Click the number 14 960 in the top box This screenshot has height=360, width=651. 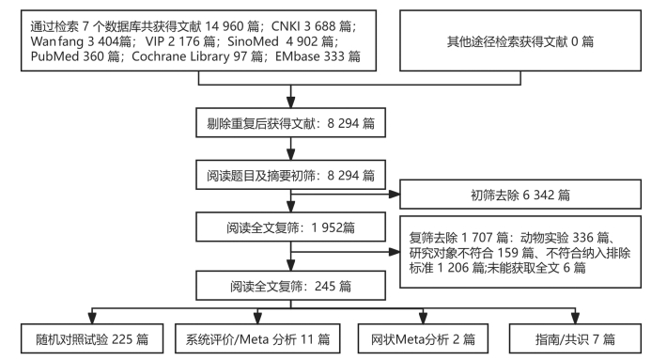[x=225, y=26]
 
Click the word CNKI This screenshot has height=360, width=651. [x=286, y=26]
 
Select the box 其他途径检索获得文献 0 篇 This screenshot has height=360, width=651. [x=520, y=41]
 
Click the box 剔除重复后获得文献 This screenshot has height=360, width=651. [x=290, y=123]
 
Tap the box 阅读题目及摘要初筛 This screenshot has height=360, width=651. [x=290, y=175]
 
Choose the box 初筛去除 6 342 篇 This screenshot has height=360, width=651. [x=520, y=195]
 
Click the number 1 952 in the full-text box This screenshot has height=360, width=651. [x=326, y=227]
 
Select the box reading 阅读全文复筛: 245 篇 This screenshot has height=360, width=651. [x=290, y=286]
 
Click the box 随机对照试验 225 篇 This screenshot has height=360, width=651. [x=92, y=338]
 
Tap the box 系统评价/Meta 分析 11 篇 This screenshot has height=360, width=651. [x=257, y=338]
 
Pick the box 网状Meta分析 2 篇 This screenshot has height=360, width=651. [x=423, y=338]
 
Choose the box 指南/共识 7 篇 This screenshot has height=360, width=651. [x=575, y=338]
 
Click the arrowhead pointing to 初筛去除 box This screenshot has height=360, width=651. [x=394, y=194]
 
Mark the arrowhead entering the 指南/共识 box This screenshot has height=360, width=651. [x=575, y=319]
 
